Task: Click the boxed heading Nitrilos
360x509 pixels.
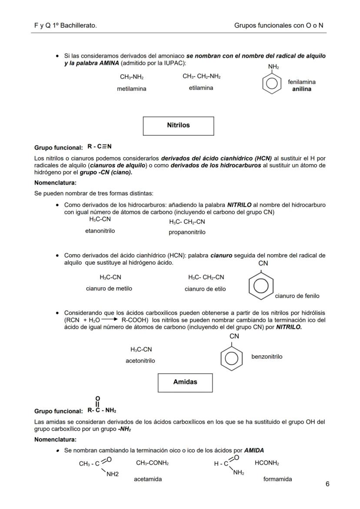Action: pos(178,125)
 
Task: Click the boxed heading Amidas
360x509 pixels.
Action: pos(185,382)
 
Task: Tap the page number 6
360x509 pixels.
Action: pos(327,484)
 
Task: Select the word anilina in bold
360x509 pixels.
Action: pos(302,89)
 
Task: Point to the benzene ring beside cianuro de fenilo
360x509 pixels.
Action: pos(261,286)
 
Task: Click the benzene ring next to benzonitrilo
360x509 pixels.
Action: pos(232,358)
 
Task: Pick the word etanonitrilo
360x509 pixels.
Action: pos(100,231)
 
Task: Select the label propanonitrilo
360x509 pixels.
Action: pos(187,232)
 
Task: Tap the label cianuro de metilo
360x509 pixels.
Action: pos(109,288)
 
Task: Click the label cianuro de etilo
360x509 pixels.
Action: pos(205,289)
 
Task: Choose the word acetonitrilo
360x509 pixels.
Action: pos(140,360)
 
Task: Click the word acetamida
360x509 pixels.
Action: pos(148,479)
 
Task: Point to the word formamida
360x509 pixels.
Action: pos(277,479)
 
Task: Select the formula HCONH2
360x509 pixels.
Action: pos(267,463)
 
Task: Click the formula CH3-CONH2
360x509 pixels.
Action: pos(152,463)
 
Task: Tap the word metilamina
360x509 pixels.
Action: pos(131,89)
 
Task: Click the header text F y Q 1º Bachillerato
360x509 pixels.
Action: pos(65,26)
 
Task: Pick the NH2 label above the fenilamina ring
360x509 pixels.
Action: pos(273,67)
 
